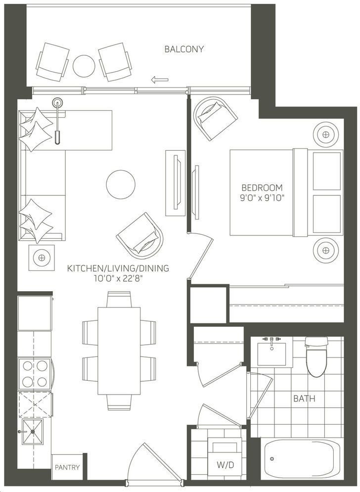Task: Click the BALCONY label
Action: pyautogui.click(x=184, y=49)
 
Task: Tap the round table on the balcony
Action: pyautogui.click(x=84, y=66)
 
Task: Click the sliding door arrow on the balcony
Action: pyautogui.click(x=160, y=80)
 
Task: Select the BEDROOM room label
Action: pyautogui.click(x=262, y=187)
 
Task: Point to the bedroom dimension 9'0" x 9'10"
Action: pyautogui.click(x=262, y=198)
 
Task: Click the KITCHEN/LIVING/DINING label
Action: pyautogui.click(x=118, y=268)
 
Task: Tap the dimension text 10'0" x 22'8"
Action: pyautogui.click(x=118, y=278)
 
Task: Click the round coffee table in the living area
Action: pyautogui.click(x=121, y=184)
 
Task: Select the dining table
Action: pyautogui.click(x=119, y=351)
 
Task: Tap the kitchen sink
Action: pyautogui.click(x=32, y=432)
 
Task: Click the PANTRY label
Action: pyautogui.click(x=67, y=467)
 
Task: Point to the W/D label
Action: pyautogui.click(x=225, y=465)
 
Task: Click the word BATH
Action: pyautogui.click(x=304, y=399)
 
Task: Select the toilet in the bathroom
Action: pyautogui.click(x=316, y=357)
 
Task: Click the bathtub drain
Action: pyautogui.click(x=272, y=459)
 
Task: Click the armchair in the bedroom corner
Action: pyautogui.click(x=215, y=118)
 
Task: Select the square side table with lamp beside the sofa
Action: pyautogui.click(x=42, y=258)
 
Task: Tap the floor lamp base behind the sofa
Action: pyautogui.click(x=57, y=102)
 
